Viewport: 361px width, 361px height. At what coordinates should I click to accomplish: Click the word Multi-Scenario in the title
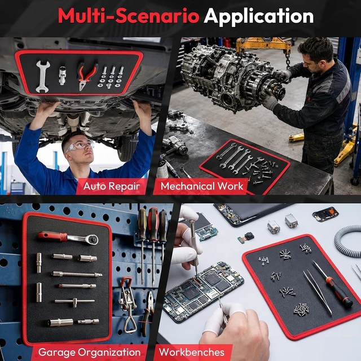pos(129,16)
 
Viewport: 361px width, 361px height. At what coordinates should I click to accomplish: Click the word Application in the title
pos(258,16)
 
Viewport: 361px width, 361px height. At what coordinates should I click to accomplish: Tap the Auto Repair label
pos(112,186)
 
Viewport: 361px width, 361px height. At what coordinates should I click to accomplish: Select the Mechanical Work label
pos(202,186)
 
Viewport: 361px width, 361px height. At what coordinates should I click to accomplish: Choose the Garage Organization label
pos(89,352)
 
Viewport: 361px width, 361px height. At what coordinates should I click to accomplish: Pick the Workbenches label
pos(192,352)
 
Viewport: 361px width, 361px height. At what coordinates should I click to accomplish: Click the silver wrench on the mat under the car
pos(43,77)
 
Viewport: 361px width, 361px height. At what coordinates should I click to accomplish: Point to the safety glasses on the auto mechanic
pos(80,146)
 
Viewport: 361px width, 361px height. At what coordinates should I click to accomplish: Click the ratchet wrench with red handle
pos(68,238)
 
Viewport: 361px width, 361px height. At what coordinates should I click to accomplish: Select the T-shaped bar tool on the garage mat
pos(74,302)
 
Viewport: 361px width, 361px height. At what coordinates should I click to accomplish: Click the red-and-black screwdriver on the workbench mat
pos(332,284)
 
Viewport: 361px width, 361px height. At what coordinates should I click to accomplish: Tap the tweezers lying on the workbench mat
pos(318,292)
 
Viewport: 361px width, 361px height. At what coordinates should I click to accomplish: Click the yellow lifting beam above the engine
pos(264,45)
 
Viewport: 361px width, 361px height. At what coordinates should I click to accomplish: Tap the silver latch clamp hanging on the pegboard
pos(127,304)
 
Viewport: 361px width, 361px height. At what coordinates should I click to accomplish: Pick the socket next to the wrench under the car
pos(62,75)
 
